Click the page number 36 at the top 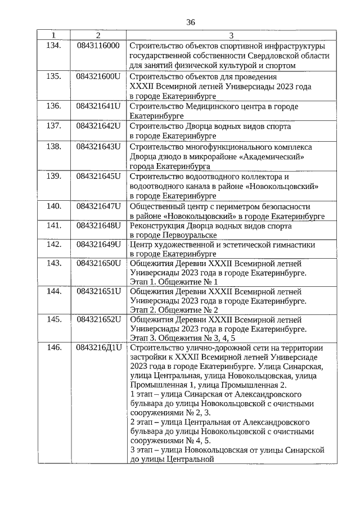pos(190,22)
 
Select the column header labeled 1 pos(54,36)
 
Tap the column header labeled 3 pos(231,36)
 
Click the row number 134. pos(54,45)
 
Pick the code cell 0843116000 pos(98,45)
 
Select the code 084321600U pos(98,76)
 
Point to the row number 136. pos(54,106)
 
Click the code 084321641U pos(98,106)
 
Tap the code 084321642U pos(98,126)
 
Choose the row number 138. pos(54,146)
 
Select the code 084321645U pos(98,177)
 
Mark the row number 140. pos(54,206)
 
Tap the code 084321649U pos(98,245)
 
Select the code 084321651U pos(98,291)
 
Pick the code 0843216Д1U pos(98,348)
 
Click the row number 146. pos(54,348)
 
